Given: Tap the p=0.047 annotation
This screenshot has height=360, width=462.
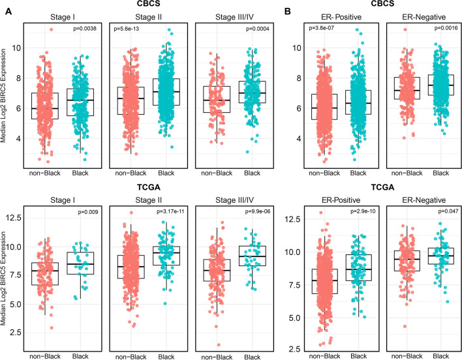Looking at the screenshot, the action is coord(448,211).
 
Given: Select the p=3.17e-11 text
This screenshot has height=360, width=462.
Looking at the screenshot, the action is coord(170,211).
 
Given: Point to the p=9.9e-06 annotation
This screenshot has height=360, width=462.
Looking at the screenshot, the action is coord(258,211).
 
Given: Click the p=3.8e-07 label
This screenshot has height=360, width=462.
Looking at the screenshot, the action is coord(321,28).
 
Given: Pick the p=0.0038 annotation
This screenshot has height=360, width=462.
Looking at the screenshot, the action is coord(85,29).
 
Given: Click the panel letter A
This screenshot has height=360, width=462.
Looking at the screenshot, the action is coord(9,12).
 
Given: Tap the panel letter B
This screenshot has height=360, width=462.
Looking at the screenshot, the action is coord(287,12).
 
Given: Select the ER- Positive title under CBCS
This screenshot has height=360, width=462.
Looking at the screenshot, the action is coord(341,17).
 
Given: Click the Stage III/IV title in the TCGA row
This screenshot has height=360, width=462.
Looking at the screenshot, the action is coord(234,200).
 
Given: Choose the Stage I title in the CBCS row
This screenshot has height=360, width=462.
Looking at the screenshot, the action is coord(63,17).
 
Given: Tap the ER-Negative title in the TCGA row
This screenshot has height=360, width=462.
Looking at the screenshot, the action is coord(424,200).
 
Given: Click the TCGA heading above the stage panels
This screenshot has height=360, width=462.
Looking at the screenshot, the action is coord(149,187).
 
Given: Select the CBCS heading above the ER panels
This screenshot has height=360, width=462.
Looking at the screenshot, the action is coord(382,3).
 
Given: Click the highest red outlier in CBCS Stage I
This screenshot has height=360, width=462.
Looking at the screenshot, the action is coord(51,29).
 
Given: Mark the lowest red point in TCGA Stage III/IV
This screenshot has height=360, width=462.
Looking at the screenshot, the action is coord(219,345).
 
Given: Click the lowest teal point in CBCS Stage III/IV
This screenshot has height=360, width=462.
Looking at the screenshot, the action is coord(247,152).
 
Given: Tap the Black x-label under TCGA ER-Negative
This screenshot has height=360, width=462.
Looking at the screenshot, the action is coord(440,356).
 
